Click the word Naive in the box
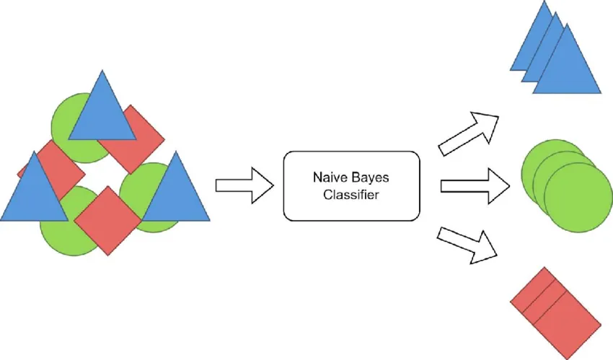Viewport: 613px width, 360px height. [329, 177]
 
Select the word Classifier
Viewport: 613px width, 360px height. [351, 196]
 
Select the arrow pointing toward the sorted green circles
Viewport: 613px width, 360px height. [476, 186]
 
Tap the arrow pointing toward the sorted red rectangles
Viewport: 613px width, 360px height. [469, 243]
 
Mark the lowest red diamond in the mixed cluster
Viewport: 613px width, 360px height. [107, 221]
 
